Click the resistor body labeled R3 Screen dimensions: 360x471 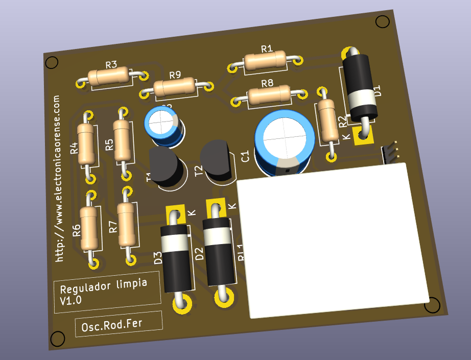point(108,77)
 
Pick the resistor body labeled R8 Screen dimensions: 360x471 point(269,95)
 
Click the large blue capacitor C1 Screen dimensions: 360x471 point(285,141)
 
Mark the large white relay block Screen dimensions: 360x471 point(332,237)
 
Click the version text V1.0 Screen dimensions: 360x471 point(71,301)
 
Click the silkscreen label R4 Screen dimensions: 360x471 point(74,148)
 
